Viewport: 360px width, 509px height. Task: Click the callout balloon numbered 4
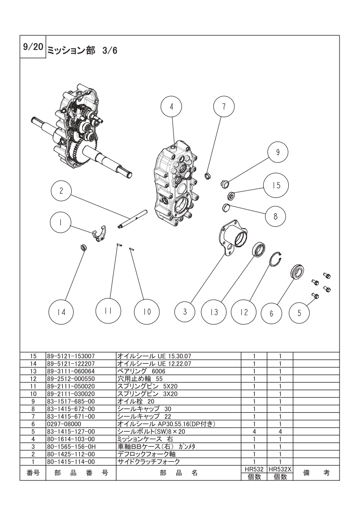pyautogui.click(x=172, y=107)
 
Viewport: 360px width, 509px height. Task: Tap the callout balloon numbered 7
pyautogui.click(x=224, y=106)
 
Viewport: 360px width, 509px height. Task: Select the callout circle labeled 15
pyautogui.click(x=276, y=186)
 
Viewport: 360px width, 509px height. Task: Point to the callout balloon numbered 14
pyautogui.click(x=61, y=312)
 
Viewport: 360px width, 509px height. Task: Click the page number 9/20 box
pyautogui.click(x=33, y=46)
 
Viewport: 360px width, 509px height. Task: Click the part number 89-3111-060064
pyautogui.click(x=70, y=371)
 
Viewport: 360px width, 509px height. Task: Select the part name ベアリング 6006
pyautogui.click(x=141, y=371)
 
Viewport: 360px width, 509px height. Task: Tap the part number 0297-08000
pyautogui.click(x=64, y=424)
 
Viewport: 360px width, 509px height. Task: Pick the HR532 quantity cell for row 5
pyautogui.click(x=254, y=431)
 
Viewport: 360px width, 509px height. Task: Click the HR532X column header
pyautogui.click(x=280, y=469)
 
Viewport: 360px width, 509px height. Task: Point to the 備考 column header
pyautogui.click(x=316, y=473)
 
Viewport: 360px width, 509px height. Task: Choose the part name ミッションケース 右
pyautogui.click(x=145, y=439)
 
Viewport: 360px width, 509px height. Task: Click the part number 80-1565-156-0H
pyautogui.click(x=71, y=446)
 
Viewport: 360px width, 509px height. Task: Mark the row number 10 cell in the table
pyautogui.click(x=33, y=394)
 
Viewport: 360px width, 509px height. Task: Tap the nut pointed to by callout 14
pyautogui.click(x=83, y=248)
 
